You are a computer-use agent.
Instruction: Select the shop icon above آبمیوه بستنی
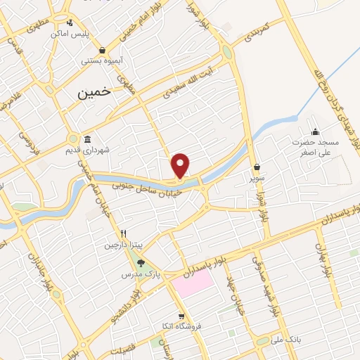pyautogui.click(x=104, y=50)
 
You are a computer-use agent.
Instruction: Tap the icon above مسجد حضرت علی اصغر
pyautogui.click(x=315, y=132)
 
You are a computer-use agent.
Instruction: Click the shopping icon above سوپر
pyautogui.click(x=257, y=167)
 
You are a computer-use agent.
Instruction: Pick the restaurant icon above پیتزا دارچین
pyautogui.click(x=123, y=233)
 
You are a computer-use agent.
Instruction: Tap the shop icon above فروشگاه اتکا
pyautogui.click(x=181, y=316)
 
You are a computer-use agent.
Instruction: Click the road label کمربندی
pyautogui.click(x=254, y=32)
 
